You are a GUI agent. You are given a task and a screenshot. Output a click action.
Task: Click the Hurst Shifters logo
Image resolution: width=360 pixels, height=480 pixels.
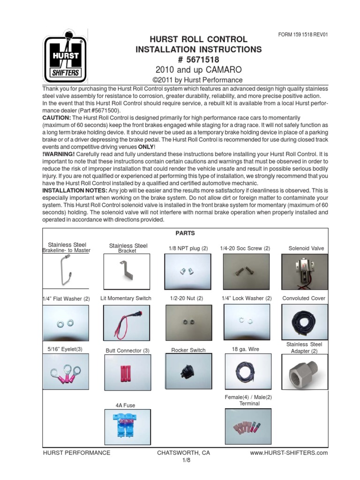click(x=64, y=58)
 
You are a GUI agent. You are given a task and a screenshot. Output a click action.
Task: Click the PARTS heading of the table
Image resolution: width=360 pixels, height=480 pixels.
click(x=185, y=233)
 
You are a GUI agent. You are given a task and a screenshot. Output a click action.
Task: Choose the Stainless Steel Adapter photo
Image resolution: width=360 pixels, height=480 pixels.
click(x=301, y=373)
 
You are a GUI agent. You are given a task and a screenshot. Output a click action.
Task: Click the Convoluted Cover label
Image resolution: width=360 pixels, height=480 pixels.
click(x=304, y=298)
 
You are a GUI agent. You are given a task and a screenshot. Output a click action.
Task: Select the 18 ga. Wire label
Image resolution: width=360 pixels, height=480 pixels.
click(x=245, y=349)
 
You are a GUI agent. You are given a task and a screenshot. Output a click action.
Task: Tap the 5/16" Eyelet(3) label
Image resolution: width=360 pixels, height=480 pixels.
click(x=65, y=349)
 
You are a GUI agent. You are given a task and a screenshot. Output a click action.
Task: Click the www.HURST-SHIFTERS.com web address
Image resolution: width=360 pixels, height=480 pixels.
click(x=289, y=453)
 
